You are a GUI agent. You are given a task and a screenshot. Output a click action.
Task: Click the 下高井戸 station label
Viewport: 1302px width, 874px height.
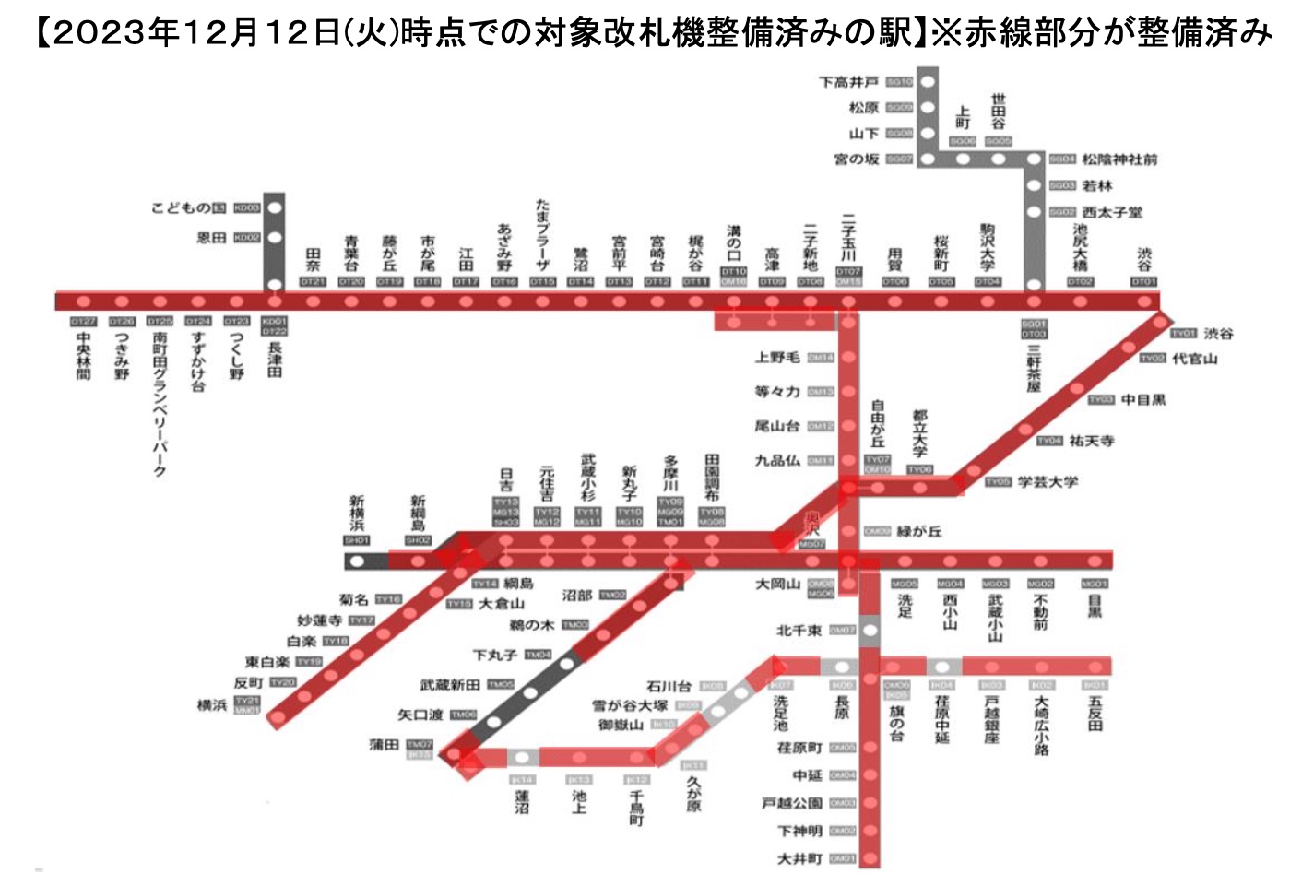[849, 82]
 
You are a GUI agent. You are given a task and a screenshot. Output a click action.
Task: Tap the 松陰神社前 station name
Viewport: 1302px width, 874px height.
[1119, 159]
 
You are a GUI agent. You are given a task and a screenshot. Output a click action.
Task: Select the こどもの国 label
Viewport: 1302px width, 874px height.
[188, 207]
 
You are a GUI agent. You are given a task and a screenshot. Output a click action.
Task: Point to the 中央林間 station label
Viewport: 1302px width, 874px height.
[84, 356]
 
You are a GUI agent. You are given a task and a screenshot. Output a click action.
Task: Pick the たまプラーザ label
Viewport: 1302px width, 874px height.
[542, 234]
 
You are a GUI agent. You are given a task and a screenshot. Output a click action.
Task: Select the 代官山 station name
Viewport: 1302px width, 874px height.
[1194, 359]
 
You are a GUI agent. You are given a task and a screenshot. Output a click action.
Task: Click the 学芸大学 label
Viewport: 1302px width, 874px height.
[1048, 482]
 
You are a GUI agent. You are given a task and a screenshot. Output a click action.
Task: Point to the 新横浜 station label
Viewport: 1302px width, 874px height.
[357, 514]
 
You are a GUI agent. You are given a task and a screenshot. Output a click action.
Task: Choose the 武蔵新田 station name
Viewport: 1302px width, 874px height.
[450, 685]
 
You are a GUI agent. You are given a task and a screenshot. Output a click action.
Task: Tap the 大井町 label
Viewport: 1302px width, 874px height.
[799, 858]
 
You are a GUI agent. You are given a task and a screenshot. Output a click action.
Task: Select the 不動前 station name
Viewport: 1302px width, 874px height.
[1040, 612]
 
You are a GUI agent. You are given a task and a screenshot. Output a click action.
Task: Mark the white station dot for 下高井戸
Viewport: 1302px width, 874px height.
[928, 82]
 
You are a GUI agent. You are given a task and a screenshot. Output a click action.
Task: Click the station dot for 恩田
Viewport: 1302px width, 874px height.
[274, 238]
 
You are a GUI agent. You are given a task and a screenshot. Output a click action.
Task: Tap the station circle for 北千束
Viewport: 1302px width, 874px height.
[869, 631]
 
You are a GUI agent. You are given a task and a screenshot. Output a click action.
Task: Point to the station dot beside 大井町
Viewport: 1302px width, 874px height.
[869, 858]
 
